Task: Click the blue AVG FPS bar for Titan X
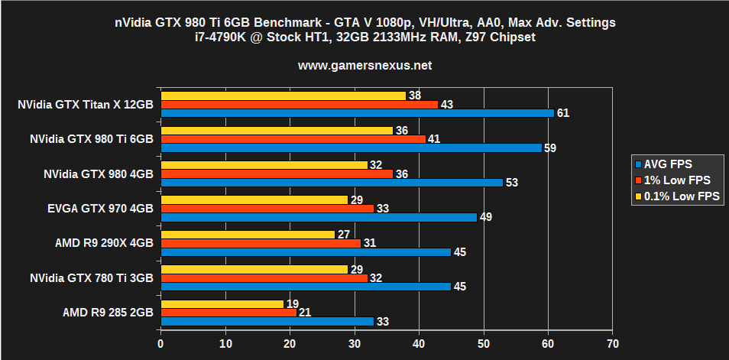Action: (x=357, y=113)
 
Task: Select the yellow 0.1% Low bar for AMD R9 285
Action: (x=222, y=303)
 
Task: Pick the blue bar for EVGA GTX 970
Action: (x=319, y=217)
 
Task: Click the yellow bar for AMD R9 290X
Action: (x=248, y=235)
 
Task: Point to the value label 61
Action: (x=562, y=113)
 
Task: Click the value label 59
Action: (x=549, y=148)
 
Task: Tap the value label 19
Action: (x=291, y=303)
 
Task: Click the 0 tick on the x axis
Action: (x=160, y=343)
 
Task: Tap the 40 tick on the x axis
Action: (x=419, y=343)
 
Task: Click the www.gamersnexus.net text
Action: (x=364, y=66)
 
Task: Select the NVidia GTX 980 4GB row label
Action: (x=99, y=174)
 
